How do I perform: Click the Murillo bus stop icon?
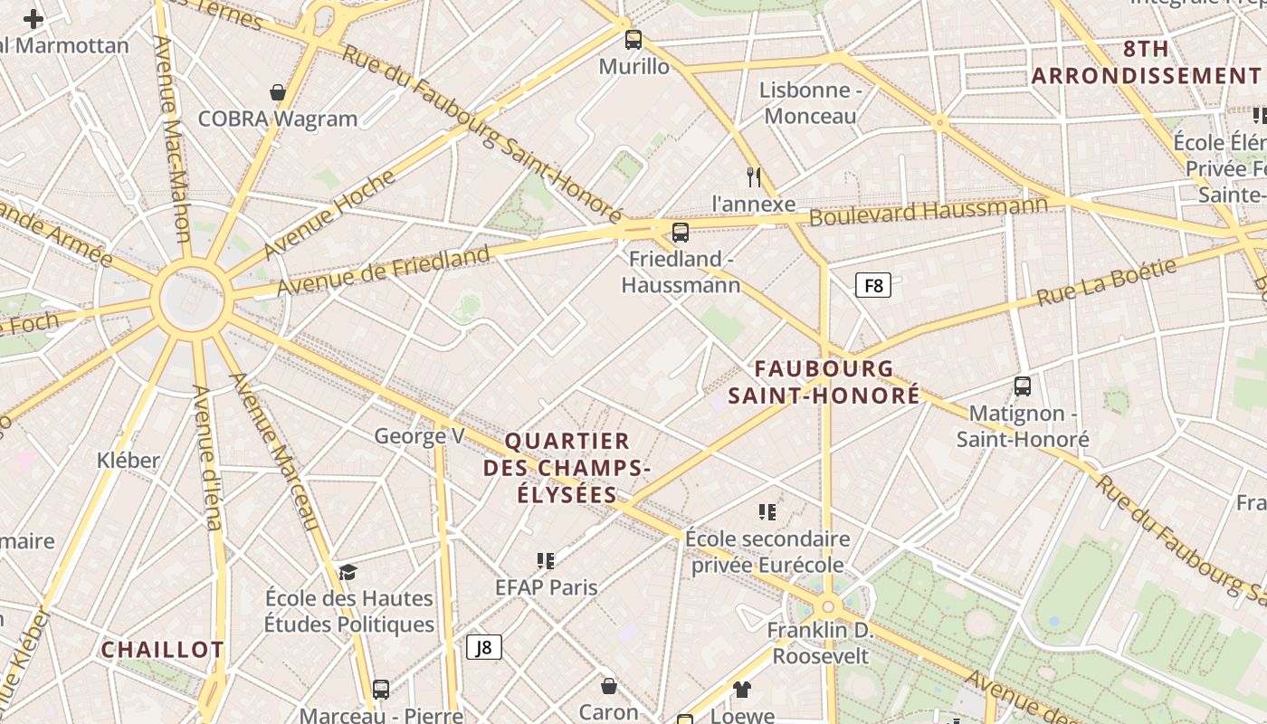pos(633,40)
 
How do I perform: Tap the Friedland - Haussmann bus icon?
pos(681,233)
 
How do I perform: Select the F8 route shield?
pos(873,286)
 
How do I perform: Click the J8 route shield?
pos(484,647)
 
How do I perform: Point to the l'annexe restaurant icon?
pos(754,176)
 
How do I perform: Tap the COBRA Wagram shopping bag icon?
pos(278,92)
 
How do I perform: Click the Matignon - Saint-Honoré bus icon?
pos(1023,386)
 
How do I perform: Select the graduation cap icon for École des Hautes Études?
pos(348,572)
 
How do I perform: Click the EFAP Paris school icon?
pos(546,561)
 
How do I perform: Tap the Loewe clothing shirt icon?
pos(742,690)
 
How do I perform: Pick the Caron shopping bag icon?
pos(609,686)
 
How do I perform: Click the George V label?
pos(420,436)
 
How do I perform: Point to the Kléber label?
pos(129,460)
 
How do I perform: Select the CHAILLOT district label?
pos(162,650)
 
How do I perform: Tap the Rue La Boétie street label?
pos(1106,282)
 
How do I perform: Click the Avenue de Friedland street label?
pos(384,270)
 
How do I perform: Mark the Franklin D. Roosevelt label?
pos(818,643)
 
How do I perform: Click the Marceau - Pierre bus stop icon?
pos(381,690)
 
